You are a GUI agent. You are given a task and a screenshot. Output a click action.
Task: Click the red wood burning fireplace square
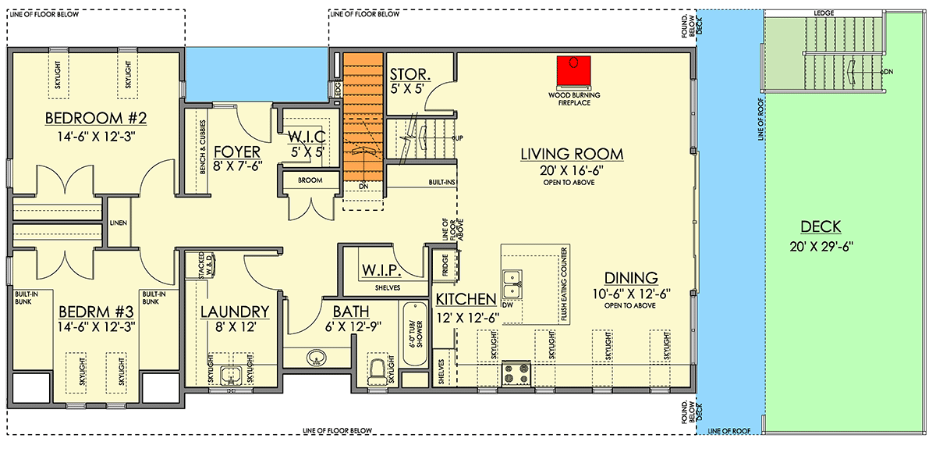click(573, 70)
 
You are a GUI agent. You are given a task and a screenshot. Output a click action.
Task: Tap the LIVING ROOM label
click(572, 154)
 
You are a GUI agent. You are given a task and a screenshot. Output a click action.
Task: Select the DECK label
click(821, 226)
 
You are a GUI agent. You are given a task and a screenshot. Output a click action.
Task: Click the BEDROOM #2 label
click(96, 118)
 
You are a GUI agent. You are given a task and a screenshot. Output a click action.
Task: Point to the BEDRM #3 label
click(96, 312)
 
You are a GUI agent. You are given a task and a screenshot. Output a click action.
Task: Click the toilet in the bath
click(378, 371)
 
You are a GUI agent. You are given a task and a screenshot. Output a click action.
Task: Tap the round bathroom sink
click(316, 358)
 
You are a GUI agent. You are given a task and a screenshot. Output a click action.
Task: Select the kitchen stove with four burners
click(516, 374)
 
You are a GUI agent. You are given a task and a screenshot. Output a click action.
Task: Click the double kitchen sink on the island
click(512, 284)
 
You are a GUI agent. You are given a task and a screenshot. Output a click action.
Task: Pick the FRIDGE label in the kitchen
click(445, 265)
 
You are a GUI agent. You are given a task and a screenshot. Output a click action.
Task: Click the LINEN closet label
click(119, 223)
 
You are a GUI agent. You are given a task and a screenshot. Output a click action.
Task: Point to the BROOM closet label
click(310, 180)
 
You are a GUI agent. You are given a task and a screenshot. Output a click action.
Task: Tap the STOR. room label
click(410, 75)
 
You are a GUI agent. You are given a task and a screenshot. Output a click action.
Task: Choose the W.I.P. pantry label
click(381, 270)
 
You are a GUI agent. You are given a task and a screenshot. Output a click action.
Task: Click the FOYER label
click(237, 151)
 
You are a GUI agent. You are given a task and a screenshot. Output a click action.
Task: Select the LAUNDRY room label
click(235, 312)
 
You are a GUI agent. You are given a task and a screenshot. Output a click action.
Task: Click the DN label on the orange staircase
click(363, 186)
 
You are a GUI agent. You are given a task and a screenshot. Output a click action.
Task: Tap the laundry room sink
click(231, 375)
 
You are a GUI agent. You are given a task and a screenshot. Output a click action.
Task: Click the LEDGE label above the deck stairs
click(824, 13)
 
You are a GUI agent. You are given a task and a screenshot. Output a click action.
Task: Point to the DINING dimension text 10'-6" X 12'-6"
click(631, 294)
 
